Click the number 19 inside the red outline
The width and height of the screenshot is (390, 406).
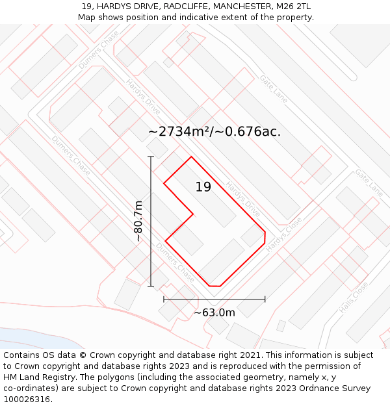[203, 187]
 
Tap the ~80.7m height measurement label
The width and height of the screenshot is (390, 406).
[138, 222]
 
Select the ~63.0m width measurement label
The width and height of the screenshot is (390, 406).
[214, 312]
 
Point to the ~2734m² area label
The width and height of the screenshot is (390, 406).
[214, 131]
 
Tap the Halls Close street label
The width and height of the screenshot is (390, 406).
[353, 298]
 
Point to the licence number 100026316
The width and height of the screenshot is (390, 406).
[27, 400]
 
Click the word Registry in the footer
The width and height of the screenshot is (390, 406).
[58, 377]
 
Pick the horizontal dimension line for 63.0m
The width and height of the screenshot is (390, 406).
[214, 299]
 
